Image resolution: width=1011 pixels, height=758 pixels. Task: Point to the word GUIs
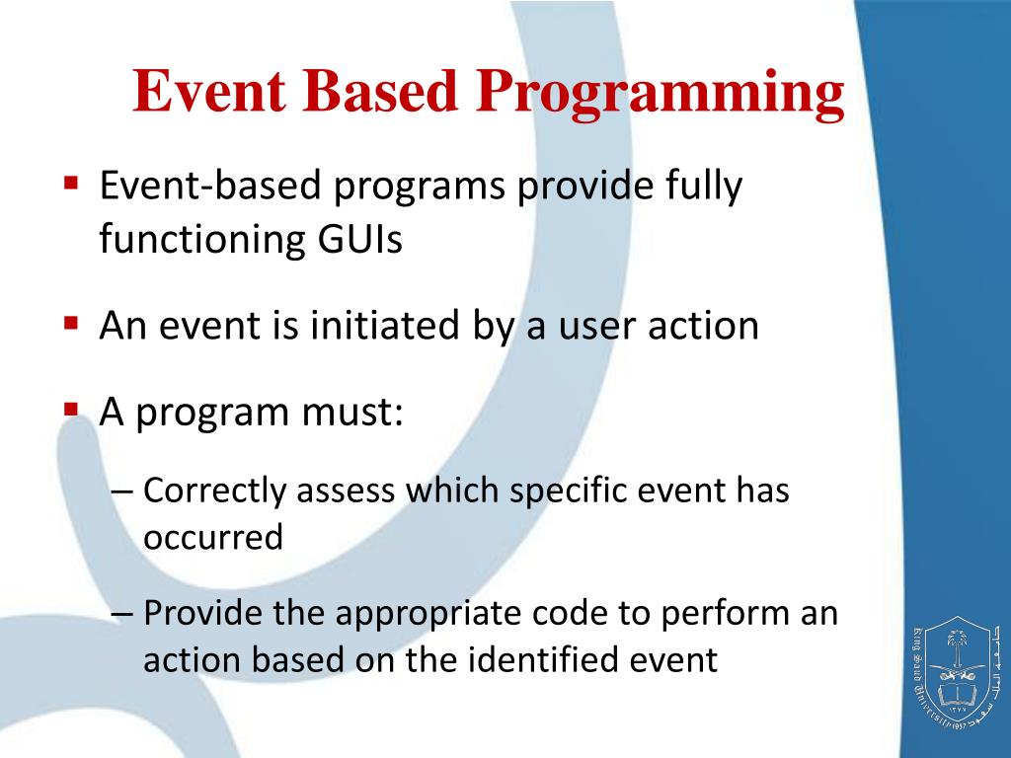359,239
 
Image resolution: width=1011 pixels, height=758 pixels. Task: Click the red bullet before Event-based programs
71,182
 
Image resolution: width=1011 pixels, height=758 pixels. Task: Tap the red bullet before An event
71,322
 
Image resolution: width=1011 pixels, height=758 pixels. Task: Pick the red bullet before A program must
71,409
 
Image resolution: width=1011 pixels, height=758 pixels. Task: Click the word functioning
201,240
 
